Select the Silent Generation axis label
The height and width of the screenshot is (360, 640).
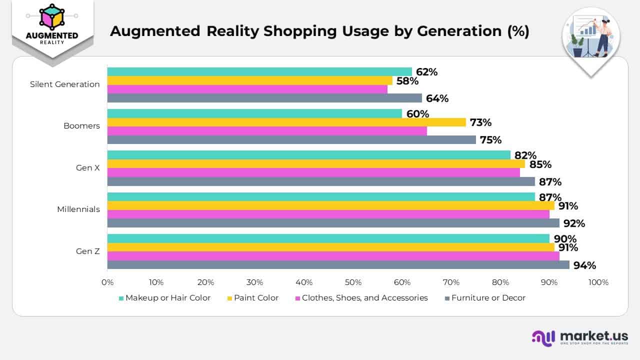click(64, 84)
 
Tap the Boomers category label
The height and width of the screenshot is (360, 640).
click(81, 126)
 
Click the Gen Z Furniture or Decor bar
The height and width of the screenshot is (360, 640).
click(338, 265)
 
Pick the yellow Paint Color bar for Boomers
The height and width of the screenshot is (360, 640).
click(286, 122)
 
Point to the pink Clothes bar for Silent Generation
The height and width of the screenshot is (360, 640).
click(247, 89)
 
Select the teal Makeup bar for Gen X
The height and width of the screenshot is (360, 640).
click(308, 155)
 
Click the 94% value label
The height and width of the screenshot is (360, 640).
click(584, 265)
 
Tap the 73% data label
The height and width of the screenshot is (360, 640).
click(480, 122)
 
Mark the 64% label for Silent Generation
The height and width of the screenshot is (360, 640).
click(437, 98)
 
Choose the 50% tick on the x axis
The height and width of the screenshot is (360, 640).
click(353, 282)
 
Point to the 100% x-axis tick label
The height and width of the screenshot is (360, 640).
click(598, 282)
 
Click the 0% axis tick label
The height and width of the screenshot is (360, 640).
click(107, 282)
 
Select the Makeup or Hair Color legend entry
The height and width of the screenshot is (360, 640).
click(164, 298)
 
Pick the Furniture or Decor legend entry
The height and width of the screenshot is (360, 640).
click(485, 298)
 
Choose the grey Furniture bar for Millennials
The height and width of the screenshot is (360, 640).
click(333, 223)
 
